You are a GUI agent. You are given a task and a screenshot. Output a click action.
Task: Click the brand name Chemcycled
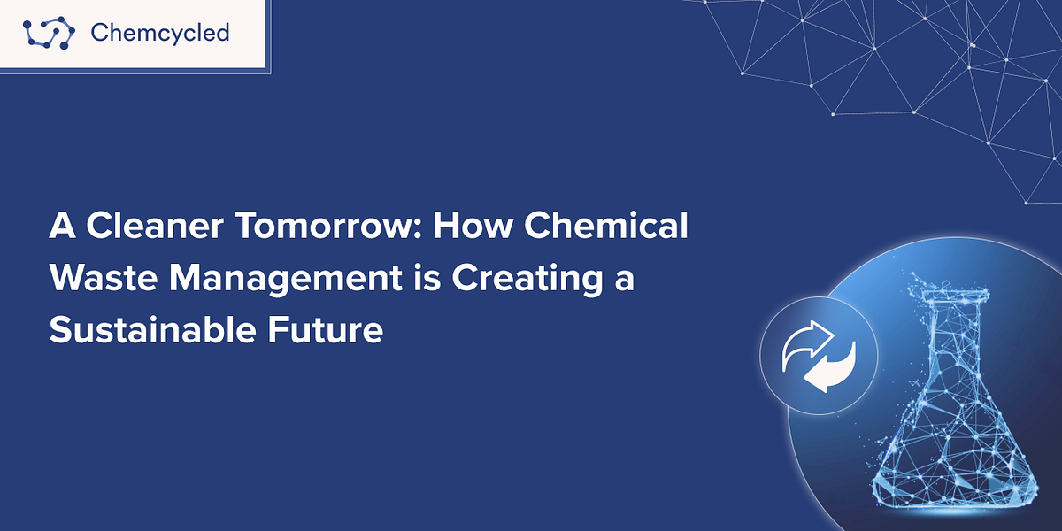(160, 34)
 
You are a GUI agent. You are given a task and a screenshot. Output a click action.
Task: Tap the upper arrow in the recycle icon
(807, 342)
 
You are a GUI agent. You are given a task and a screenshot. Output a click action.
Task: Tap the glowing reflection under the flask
(960, 509)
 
